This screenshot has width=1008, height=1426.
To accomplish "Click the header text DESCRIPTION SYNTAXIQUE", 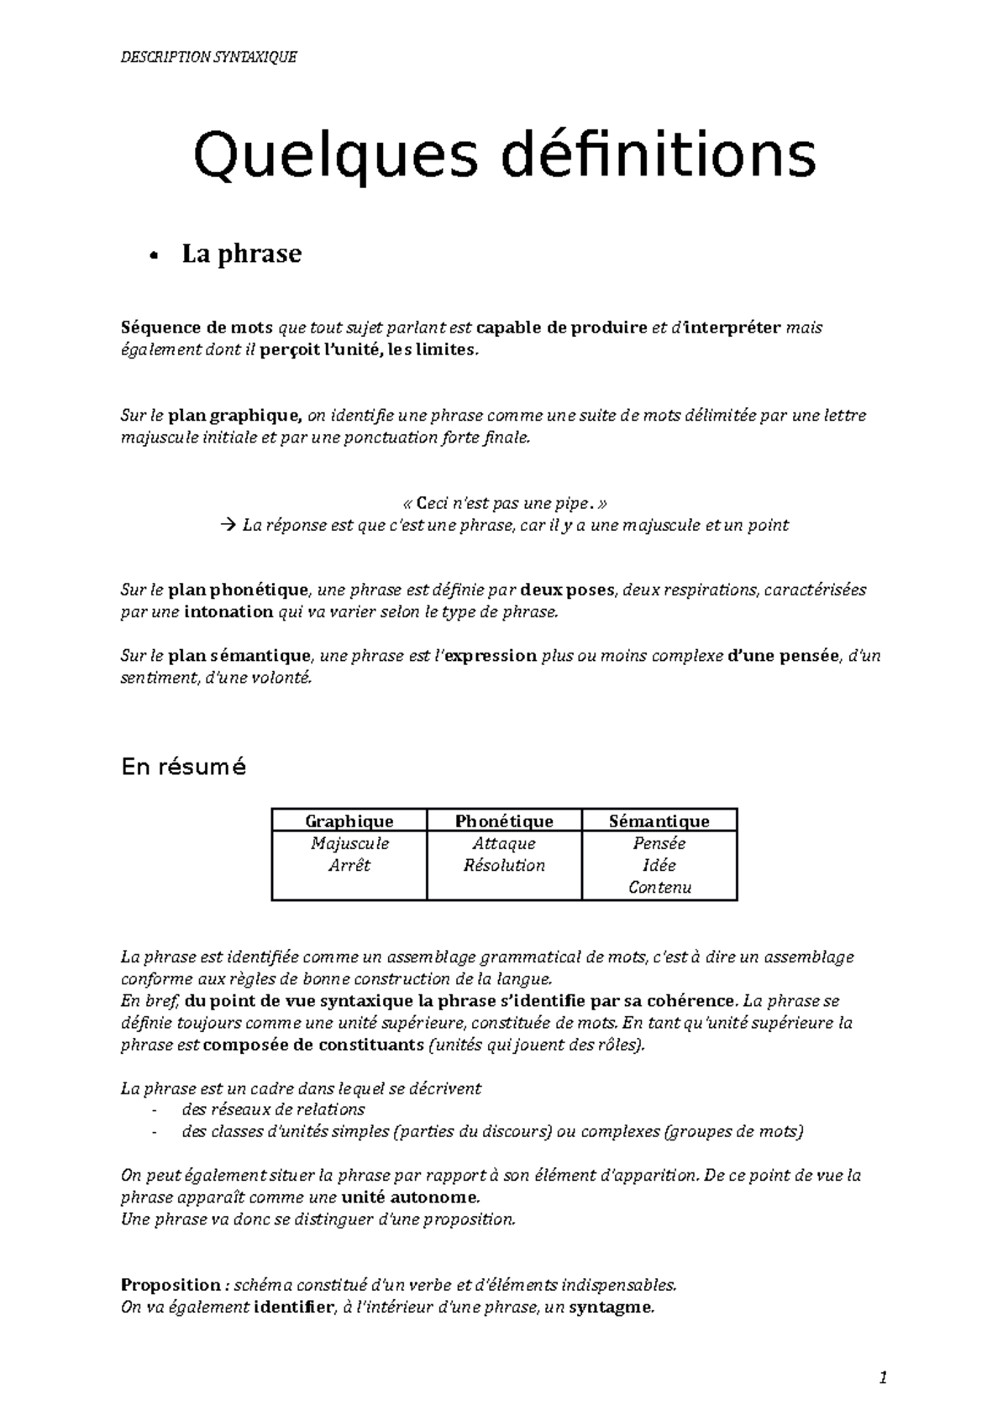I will coord(208,57).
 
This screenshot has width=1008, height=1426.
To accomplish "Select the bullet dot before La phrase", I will coord(152,256).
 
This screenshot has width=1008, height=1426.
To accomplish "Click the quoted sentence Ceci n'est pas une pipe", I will coord(504,504).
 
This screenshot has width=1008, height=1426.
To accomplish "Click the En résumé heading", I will coord(183,767).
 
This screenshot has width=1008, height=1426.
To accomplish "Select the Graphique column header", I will coord(349,820).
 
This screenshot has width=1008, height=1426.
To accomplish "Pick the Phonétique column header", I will coord(504,820).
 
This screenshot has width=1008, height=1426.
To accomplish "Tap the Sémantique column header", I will coord(659,820).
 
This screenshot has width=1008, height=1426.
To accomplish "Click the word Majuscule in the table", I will coord(349,843).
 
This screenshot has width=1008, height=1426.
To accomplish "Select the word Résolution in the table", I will coord(504,865).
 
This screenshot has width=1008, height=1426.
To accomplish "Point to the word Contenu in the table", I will coord(659,888).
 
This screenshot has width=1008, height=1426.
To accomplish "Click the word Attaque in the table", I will coord(504,843).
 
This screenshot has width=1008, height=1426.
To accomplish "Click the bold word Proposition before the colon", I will coord(171,1285).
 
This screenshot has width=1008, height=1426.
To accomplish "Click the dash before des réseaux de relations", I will coord(154,1110).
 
